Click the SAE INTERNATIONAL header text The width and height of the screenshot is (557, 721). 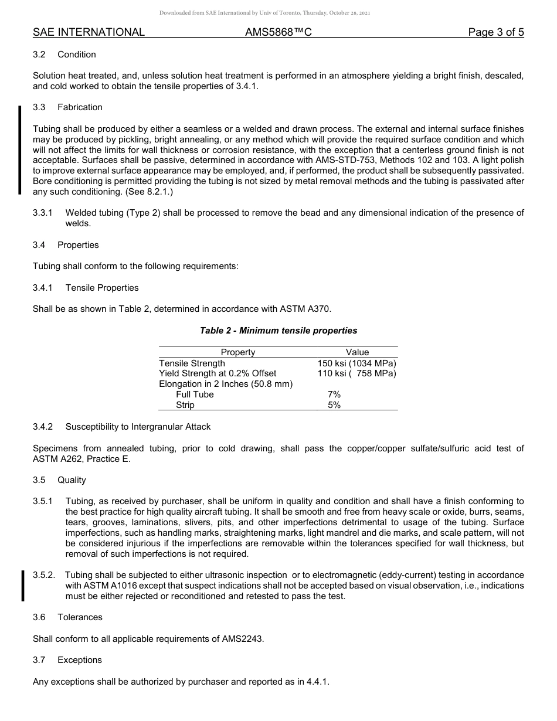point(89,32)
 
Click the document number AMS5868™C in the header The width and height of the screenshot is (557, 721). point(278,32)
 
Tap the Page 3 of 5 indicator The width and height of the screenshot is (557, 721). point(495,32)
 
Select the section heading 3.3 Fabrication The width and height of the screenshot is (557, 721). point(67,107)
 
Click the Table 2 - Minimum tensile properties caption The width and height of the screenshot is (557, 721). point(278,331)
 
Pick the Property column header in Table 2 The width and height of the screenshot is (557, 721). point(237,352)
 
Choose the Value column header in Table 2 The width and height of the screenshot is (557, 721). point(357,352)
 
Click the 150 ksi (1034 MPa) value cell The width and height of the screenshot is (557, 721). point(357,363)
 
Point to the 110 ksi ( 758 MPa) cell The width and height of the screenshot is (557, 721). point(357,373)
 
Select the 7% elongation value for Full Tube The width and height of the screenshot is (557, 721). point(334,394)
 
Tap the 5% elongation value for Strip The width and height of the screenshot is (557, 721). point(334,405)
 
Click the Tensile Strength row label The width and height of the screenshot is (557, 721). point(192,363)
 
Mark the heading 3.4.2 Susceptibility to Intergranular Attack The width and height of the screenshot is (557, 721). point(121,427)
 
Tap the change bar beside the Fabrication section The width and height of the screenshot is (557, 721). point(20,149)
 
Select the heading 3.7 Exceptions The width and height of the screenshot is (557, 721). point(67,660)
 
